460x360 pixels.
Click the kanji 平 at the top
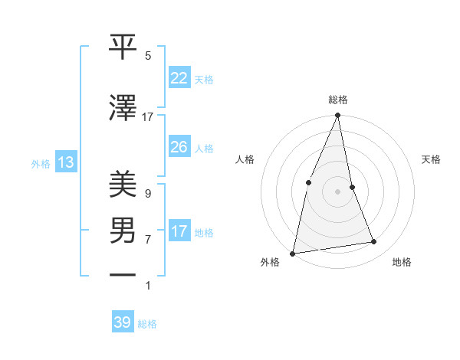tap(123, 47)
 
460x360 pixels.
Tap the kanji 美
tap(123, 185)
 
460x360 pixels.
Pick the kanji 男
tap(123, 229)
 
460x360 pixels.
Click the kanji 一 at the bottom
tap(123, 273)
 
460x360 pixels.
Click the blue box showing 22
tap(179, 78)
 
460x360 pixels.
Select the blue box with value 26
tap(179, 147)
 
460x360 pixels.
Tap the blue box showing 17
tap(179, 231)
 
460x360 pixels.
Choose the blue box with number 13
tap(65, 162)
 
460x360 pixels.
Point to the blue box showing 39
tap(122, 322)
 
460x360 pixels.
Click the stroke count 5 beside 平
tap(148, 56)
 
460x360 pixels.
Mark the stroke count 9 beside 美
tap(147, 194)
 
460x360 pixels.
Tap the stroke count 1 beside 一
tap(147, 286)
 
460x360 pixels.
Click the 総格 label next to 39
tap(148, 324)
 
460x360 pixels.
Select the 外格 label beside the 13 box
tap(41, 163)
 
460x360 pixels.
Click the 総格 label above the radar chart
tap(338, 100)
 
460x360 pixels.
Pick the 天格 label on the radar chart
tap(431, 159)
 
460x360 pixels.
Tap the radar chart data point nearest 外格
tap(293, 253)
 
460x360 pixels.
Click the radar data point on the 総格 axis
tap(338, 116)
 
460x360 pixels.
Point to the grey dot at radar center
tap(338, 191)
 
